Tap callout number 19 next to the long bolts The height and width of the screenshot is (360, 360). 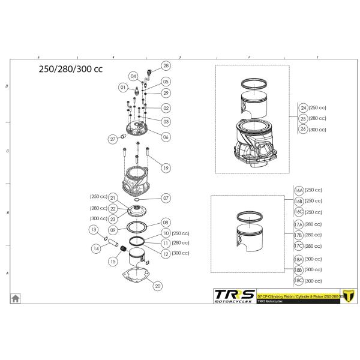[166, 169]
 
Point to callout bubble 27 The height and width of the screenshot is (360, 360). [112, 139]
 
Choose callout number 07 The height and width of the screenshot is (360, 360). [166, 197]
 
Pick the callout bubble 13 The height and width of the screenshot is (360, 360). [94, 229]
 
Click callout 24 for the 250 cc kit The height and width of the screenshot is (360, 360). [304, 107]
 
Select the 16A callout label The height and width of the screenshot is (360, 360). [298, 190]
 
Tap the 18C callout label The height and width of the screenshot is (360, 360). [298, 280]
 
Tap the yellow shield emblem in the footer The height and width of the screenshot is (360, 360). [345, 298]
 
